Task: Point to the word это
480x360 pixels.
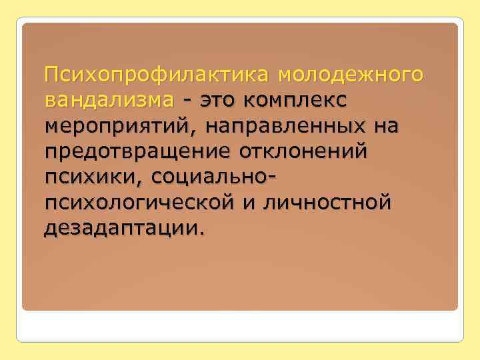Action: click(x=219, y=101)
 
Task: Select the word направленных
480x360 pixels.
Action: click(x=295, y=126)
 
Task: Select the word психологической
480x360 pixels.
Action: click(x=136, y=203)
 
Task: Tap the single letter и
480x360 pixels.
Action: click(x=247, y=203)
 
